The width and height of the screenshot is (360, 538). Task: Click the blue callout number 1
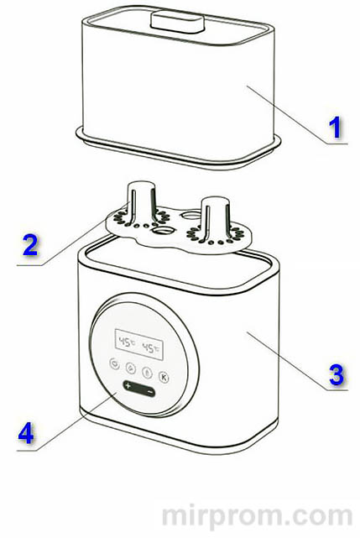coord(335,127)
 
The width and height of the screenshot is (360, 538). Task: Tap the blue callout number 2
coord(30,245)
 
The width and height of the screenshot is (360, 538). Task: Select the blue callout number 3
coord(337,374)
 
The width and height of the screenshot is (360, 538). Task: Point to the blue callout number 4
coord(26,433)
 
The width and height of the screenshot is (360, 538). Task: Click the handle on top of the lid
coord(177,22)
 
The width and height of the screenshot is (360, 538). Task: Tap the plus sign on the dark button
coord(128,385)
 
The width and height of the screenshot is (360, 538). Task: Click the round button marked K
coord(164,378)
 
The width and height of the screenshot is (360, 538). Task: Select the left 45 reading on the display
coord(125,342)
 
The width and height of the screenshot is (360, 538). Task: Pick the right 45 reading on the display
coord(150,348)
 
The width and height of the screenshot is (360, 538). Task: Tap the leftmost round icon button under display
coord(115,363)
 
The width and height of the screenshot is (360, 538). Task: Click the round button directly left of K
coord(147,373)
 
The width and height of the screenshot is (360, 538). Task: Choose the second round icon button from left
coord(130,368)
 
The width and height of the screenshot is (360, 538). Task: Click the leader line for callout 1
coord(298,115)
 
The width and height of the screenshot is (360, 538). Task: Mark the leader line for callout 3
coord(298,361)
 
